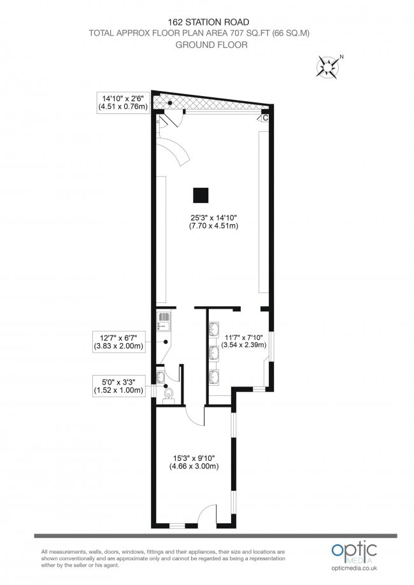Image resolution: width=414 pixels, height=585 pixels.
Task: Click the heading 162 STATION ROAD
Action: click(206, 20)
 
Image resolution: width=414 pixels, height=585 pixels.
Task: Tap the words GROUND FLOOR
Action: click(206, 45)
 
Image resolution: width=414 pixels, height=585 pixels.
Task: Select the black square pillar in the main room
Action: click(201, 194)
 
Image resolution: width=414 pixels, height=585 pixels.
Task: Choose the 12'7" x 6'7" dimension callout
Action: click(118, 342)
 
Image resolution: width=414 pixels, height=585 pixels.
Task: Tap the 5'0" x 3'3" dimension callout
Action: click(118, 386)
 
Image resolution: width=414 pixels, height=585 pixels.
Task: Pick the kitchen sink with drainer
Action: click(162, 321)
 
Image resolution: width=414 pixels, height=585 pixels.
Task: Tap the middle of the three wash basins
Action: click(215, 349)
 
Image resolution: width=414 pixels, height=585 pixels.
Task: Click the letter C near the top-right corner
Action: click(264, 118)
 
